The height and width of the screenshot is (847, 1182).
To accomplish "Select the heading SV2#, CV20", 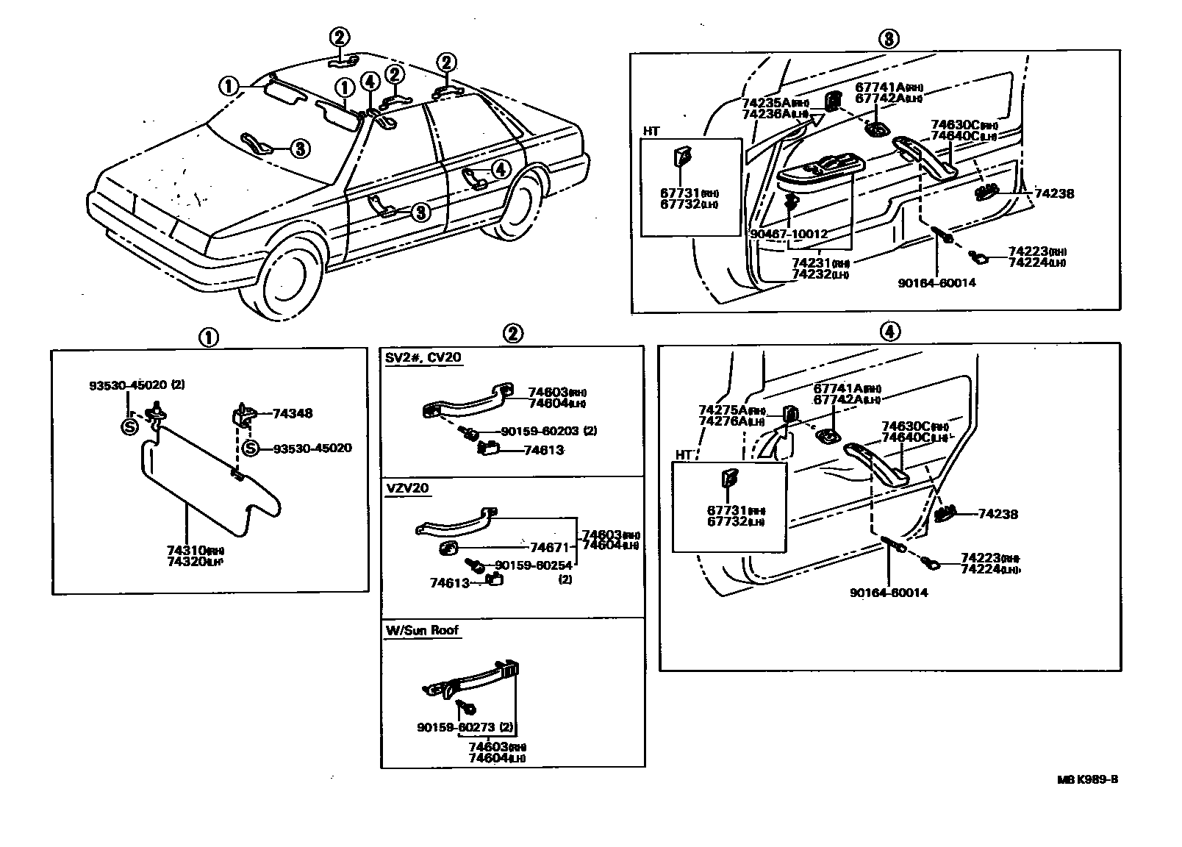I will (x=423, y=358).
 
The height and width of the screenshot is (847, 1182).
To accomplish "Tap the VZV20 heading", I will (x=406, y=488).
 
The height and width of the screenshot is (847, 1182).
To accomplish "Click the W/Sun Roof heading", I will (x=422, y=630).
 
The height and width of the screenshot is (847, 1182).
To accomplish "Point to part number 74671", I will (x=550, y=547).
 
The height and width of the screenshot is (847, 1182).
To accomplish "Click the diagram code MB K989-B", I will (x=1088, y=780).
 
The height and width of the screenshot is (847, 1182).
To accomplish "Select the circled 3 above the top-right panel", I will (x=888, y=39).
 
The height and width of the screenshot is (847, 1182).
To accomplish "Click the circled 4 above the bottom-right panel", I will (x=889, y=332).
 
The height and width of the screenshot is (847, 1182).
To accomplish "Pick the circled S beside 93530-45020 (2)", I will (x=129, y=426).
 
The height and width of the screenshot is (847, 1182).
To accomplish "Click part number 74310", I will (x=185, y=550).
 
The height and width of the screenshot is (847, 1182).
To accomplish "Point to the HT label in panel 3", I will (x=651, y=131).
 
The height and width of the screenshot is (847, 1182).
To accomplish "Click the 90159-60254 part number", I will (x=534, y=565).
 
